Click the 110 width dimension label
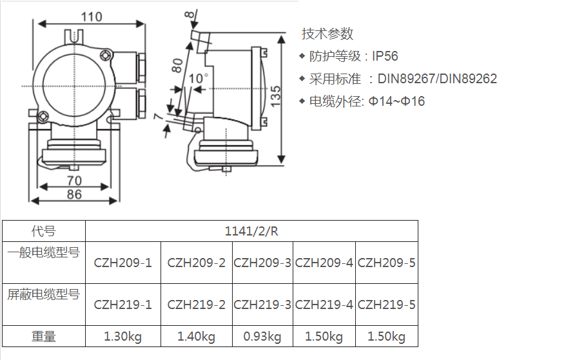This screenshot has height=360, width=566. pos(92,17)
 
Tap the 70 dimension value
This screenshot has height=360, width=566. pos(74,180)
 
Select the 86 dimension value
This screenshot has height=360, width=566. pos(74,194)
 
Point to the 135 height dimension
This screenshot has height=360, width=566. pos(275,96)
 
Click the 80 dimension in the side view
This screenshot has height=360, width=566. pos(177,66)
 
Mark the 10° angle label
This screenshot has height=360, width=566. pos(199,78)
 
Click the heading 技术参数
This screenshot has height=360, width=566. pos(327,34)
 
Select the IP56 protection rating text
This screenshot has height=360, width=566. pos(385,56)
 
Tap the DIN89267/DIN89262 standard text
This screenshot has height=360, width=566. pos(437,79)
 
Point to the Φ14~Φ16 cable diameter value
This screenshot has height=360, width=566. pos(396,101)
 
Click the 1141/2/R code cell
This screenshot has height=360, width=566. pos(251,231)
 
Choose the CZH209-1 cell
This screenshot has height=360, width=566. pos(122,263)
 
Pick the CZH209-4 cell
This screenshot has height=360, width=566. pos(324,263)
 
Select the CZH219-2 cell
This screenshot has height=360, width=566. pos(197,305)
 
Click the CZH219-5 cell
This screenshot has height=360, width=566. pos(387,305)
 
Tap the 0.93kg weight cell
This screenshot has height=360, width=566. pos(262,337)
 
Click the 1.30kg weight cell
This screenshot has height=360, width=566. pos(122,337)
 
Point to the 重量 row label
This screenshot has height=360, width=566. pos(44,337)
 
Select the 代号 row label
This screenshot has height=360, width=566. pos(44,231)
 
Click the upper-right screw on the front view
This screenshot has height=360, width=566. pos(105,55)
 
